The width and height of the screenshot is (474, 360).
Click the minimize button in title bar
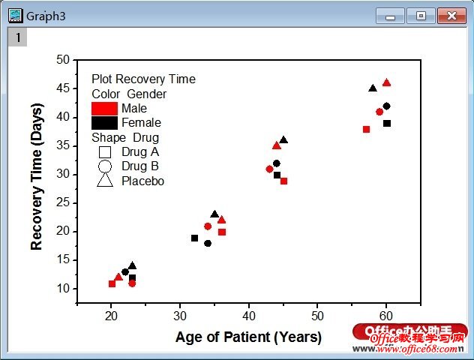pyautogui.click(x=390, y=15)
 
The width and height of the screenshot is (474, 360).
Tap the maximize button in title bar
pyautogui.click(x=421, y=15)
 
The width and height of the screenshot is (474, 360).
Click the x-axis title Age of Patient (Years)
pyautogui.click(x=248, y=337)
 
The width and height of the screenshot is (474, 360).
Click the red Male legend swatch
pyautogui.click(x=104, y=109)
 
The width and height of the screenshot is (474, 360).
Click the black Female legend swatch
pyautogui.click(x=104, y=123)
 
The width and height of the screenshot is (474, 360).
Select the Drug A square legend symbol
pyautogui.click(x=105, y=151)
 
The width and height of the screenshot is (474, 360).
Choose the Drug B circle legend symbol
pyautogui.click(x=105, y=166)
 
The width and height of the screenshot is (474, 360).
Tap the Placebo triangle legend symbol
pyautogui.click(x=105, y=181)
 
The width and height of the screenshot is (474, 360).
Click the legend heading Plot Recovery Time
pyautogui.click(x=143, y=79)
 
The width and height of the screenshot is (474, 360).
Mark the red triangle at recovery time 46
pyautogui.click(x=386, y=82)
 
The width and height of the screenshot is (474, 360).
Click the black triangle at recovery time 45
pyautogui.click(x=373, y=88)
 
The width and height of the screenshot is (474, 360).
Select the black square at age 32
pyautogui.click(x=194, y=238)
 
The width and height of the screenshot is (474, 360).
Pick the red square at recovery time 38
pyautogui.click(x=366, y=130)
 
